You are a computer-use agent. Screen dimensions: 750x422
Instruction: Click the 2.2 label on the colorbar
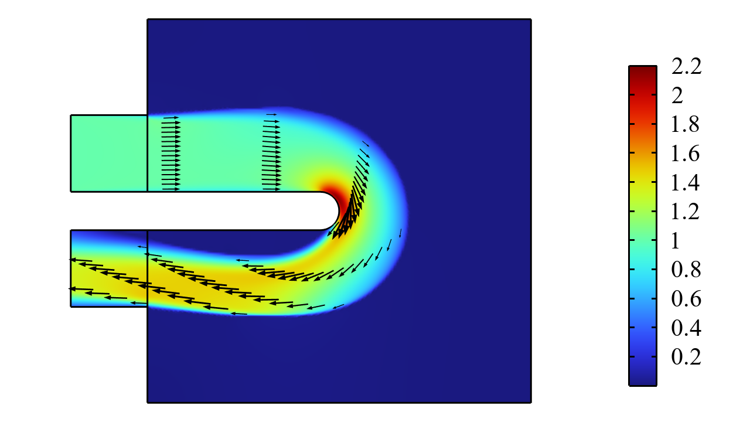tap(686, 66)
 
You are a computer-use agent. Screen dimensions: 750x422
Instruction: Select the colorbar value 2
tap(677, 96)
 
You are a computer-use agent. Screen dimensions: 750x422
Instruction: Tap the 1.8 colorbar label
tap(686, 125)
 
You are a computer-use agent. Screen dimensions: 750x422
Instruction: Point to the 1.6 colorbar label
tap(686, 154)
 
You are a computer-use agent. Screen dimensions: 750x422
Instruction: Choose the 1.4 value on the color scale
tap(686, 182)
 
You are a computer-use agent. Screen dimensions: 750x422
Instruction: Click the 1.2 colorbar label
tap(686, 212)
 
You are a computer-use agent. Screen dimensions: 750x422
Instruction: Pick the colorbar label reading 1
tap(676, 240)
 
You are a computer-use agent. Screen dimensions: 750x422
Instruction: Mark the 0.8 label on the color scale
tap(686, 269)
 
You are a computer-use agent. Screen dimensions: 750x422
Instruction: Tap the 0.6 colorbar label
tap(686, 298)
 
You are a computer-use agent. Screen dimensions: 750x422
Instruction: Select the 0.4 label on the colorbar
tap(686, 328)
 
